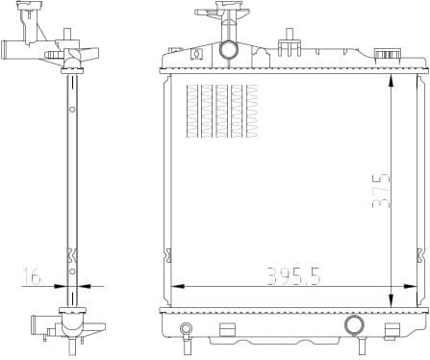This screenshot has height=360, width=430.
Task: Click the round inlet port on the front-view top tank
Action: click(x=229, y=49)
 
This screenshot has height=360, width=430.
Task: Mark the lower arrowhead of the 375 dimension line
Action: click(x=390, y=301)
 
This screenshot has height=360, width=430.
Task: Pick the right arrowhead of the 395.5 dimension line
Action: click(x=414, y=286)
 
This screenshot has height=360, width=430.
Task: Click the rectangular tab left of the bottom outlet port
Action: click(x=228, y=331)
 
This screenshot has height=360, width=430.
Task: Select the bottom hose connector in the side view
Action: click(x=44, y=324)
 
